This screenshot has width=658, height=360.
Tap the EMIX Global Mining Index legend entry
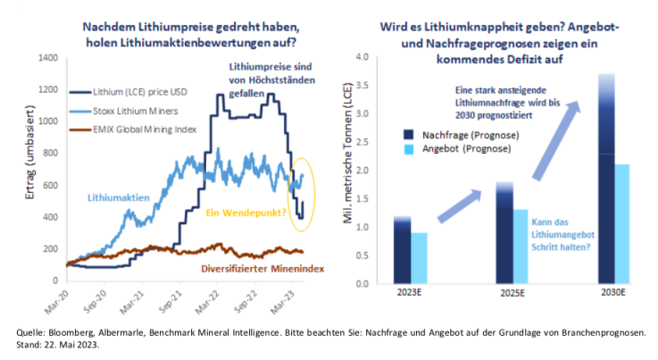[142, 130]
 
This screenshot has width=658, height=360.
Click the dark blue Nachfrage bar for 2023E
[403, 250]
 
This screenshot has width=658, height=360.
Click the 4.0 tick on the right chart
[363, 58]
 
